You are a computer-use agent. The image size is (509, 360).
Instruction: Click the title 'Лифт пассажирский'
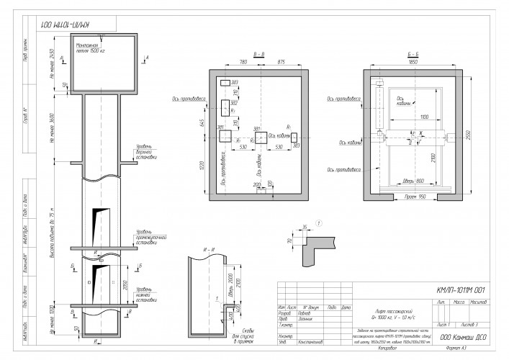coord(378,308)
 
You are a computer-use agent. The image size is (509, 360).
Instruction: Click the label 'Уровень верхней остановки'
coord(147,157)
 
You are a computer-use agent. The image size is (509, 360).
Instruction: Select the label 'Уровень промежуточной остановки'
coord(150,238)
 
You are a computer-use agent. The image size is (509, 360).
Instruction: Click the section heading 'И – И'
coord(210,249)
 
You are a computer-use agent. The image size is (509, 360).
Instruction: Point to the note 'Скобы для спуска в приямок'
coord(243,333)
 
